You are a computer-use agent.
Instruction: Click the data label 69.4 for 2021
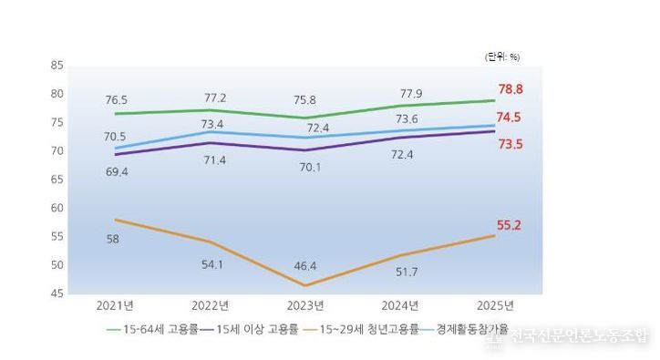(x=117, y=171)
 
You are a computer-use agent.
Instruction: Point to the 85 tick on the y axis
(x=57, y=66)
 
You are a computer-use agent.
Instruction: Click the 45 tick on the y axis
(x=57, y=293)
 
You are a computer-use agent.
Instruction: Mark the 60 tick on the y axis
(x=57, y=208)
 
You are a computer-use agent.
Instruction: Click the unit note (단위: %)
(x=501, y=57)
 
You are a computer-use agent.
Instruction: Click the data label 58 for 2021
(x=113, y=239)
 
